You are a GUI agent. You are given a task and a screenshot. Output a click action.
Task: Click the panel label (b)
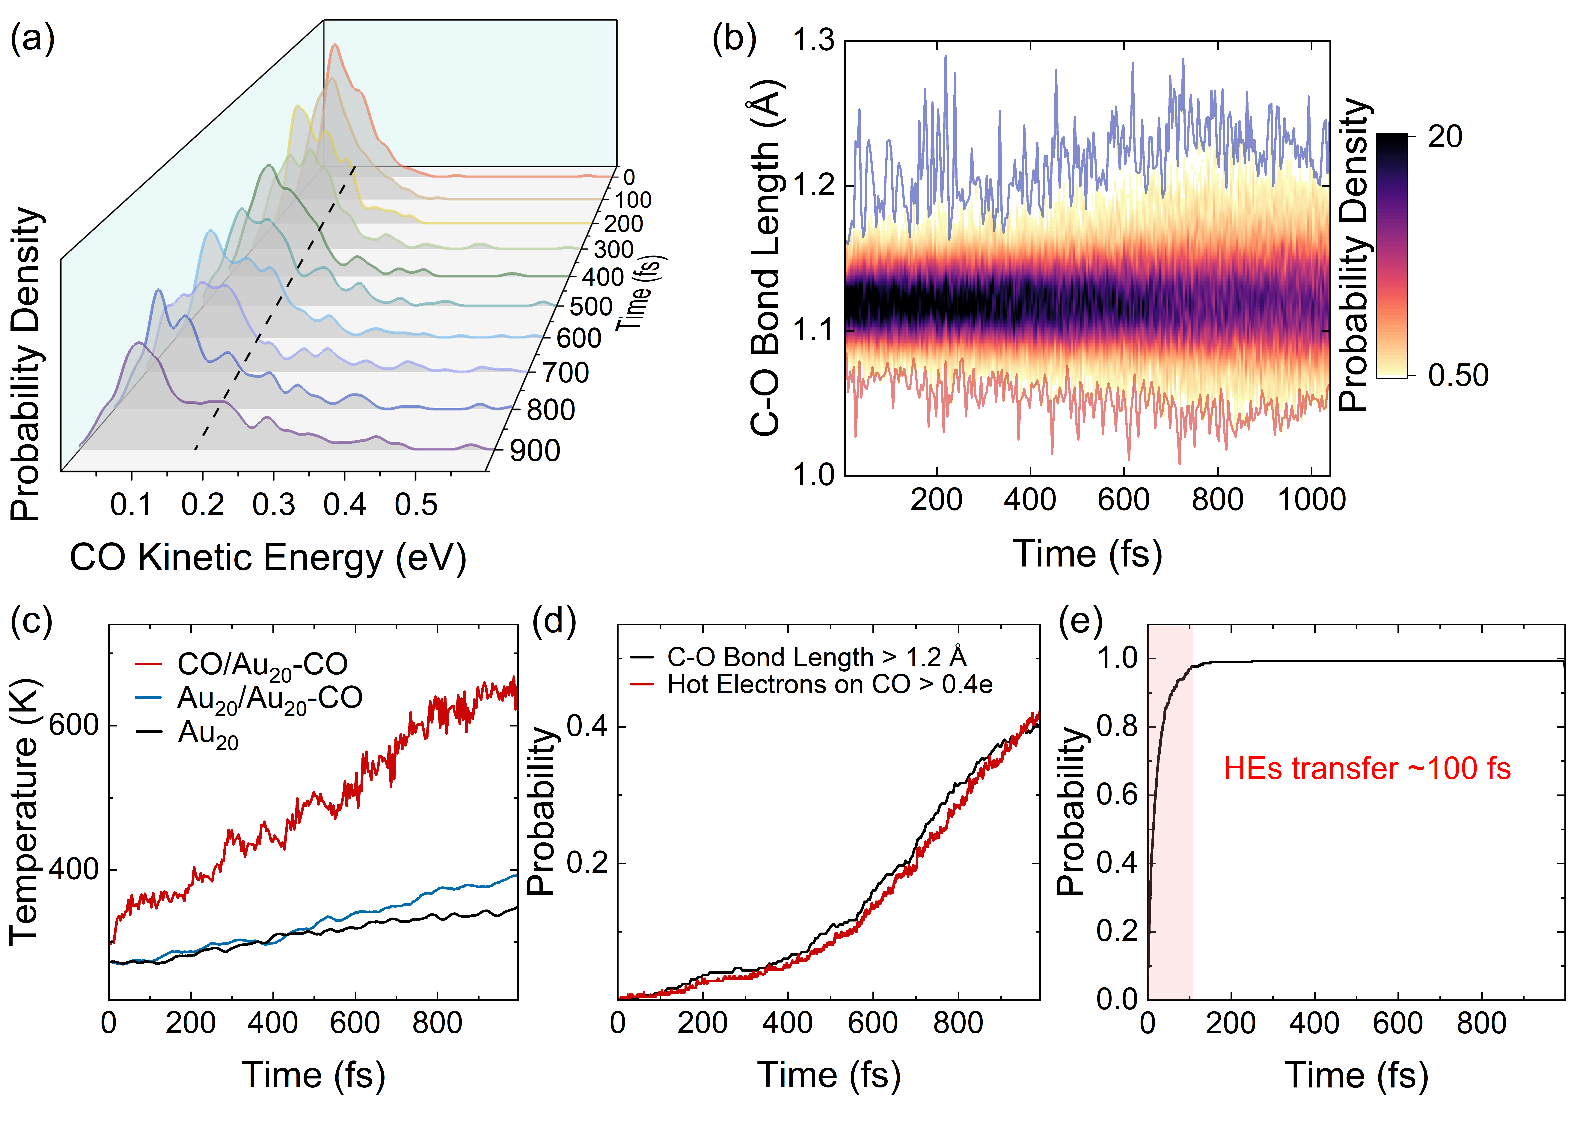click(734, 40)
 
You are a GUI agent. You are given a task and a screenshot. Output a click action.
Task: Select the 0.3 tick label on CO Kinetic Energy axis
click(273, 504)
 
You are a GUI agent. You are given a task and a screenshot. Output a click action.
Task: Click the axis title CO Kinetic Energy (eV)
click(268, 558)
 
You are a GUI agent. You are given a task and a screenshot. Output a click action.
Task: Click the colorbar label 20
click(1445, 137)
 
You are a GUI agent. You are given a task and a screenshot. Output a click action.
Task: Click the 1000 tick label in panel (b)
click(1311, 500)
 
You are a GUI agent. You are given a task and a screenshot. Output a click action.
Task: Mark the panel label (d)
click(554, 621)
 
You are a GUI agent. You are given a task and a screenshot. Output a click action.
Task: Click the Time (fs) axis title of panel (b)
click(1087, 554)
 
